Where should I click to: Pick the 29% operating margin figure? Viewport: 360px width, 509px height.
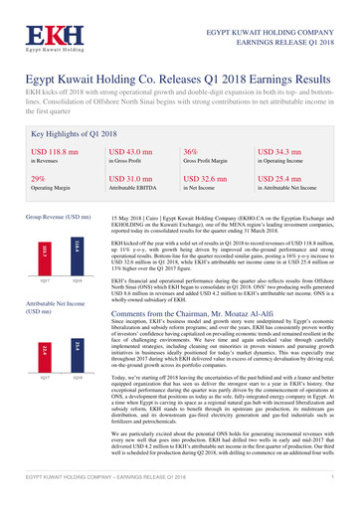point(38,180)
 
